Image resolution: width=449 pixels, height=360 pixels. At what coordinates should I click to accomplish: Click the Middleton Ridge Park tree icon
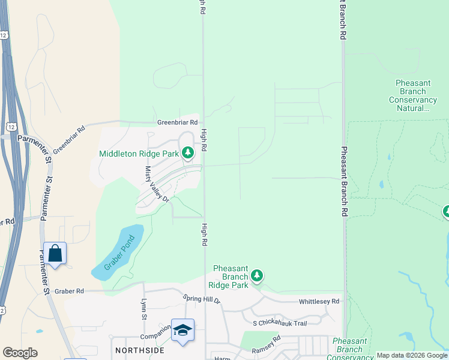tap(188, 154)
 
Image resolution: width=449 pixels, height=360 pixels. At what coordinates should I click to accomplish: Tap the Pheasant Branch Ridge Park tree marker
tap(257, 275)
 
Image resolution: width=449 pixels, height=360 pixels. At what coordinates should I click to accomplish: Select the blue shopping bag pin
tap(55, 254)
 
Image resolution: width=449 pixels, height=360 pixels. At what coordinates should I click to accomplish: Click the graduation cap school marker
tap(182, 331)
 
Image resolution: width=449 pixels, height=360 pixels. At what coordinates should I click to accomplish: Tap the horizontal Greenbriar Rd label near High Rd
tap(177, 122)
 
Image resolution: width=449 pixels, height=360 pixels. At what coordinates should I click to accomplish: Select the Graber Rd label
tap(68, 291)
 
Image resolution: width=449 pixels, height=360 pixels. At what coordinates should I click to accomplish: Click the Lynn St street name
tap(143, 309)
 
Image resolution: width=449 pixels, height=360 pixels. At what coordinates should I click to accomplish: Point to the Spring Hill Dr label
tap(202, 298)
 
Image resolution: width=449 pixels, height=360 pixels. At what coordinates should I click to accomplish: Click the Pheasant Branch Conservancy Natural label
tap(416, 95)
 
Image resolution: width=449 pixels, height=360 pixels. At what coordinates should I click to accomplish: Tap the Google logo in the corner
tap(20, 353)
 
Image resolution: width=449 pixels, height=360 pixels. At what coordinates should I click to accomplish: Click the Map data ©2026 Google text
tap(412, 355)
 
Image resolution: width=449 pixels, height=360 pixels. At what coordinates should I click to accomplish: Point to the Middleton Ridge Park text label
tap(139, 154)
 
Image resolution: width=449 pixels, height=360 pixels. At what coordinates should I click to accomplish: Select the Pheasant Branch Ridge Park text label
tap(228, 276)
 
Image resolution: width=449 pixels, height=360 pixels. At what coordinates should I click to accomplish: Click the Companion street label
tap(152, 337)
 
